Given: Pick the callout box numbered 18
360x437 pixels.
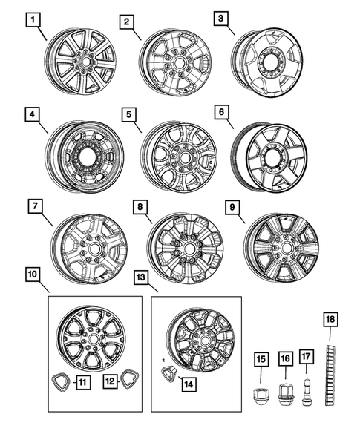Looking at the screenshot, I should pyautogui.click(x=330, y=320).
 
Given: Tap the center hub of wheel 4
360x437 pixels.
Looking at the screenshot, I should pyautogui.click(x=86, y=157).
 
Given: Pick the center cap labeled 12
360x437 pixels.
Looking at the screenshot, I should pyautogui.click(x=132, y=380).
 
